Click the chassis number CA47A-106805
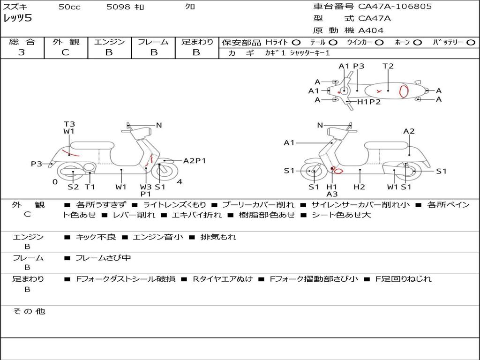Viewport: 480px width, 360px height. [395, 7]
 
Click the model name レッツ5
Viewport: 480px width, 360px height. [17, 18]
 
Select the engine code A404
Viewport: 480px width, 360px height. [370, 30]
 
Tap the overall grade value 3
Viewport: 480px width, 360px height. [22, 52]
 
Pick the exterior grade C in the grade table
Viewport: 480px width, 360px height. [65, 52]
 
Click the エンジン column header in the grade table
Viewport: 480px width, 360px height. [109, 42]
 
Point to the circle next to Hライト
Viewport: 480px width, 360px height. [296, 43]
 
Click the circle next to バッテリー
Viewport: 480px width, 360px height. [471, 43]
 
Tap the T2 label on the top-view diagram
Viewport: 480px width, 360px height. [388, 66]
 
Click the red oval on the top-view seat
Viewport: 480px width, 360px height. [404, 91]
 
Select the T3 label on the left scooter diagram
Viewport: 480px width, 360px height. [69, 124]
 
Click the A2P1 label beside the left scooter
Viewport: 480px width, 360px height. [195, 161]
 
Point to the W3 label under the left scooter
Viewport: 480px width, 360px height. [146, 187]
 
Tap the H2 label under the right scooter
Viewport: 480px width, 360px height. [359, 187]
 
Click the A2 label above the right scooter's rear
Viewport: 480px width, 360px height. [409, 131]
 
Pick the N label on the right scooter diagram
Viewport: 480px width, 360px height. [320, 125]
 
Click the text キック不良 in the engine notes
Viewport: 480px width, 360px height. [96, 237]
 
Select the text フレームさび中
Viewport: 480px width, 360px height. [103, 258]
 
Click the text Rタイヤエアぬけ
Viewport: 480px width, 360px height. [223, 279]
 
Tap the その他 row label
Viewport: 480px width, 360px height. [29, 311]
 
